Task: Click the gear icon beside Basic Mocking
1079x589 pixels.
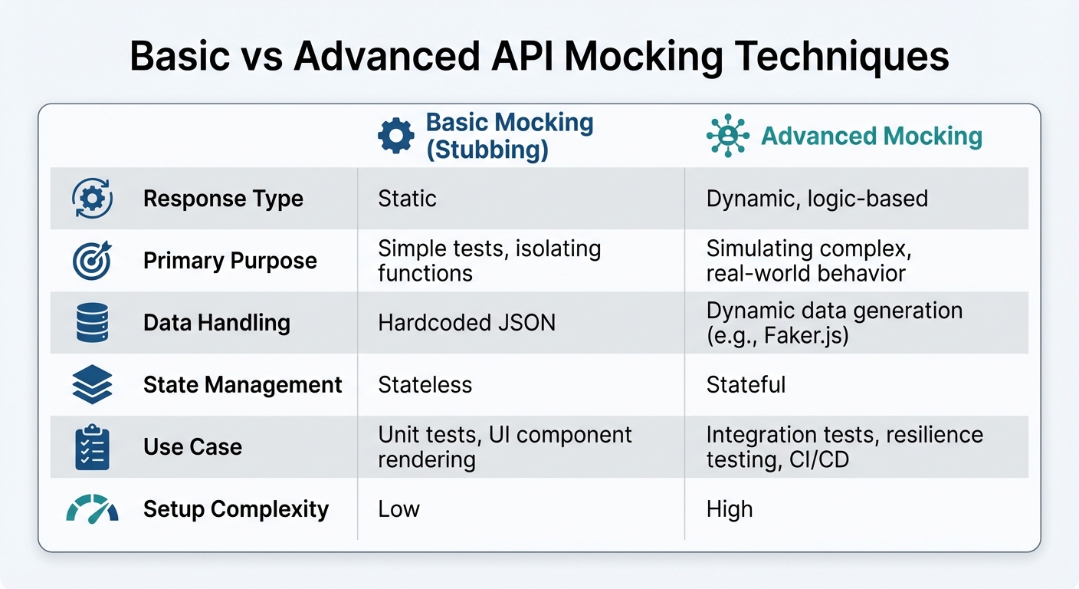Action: point(395,137)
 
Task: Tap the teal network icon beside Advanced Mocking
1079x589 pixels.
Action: point(727,137)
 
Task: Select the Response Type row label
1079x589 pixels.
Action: point(223,199)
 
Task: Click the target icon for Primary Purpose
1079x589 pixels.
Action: point(92,261)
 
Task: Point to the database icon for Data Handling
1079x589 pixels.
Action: point(92,323)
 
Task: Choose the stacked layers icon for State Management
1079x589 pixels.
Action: point(92,385)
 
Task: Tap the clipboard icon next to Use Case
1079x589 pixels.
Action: point(92,447)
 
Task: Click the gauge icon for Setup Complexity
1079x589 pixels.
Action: point(92,509)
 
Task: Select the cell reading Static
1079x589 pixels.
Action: point(407,199)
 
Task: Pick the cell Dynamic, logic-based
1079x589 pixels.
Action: point(817,199)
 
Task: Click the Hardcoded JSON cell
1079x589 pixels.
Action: point(467,323)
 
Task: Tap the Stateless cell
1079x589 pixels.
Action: point(425,385)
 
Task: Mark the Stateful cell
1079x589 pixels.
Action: point(746,385)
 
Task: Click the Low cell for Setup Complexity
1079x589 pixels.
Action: point(398,509)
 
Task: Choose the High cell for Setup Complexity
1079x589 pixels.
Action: point(730,509)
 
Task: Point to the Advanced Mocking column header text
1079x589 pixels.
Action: point(871,137)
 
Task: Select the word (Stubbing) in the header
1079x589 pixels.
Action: point(487,150)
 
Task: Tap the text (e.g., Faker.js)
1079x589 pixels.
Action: point(777,336)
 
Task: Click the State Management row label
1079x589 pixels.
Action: point(242,385)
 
